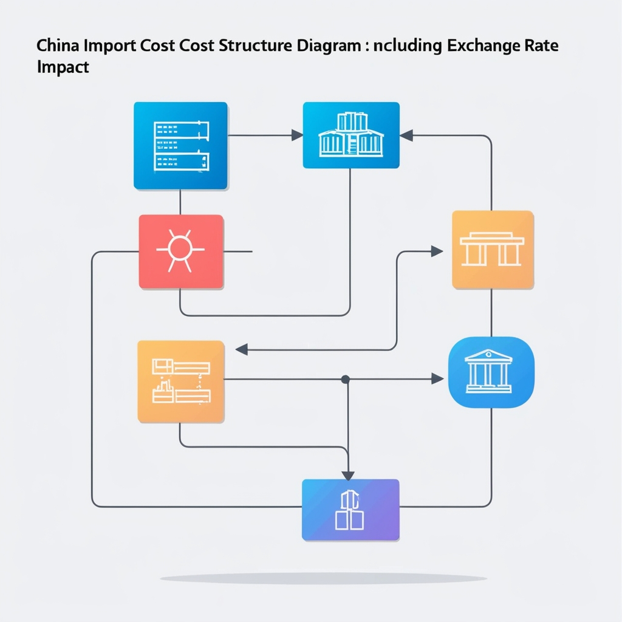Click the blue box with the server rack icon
coord(180,146)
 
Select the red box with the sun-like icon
coord(181,251)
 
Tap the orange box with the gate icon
coord(493,250)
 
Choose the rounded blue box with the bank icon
coord(491,372)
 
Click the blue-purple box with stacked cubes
coord(350,510)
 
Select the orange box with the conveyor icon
coord(181,381)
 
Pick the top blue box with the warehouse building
coord(350,135)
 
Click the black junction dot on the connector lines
coord(346,379)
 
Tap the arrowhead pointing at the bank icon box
coord(437,379)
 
